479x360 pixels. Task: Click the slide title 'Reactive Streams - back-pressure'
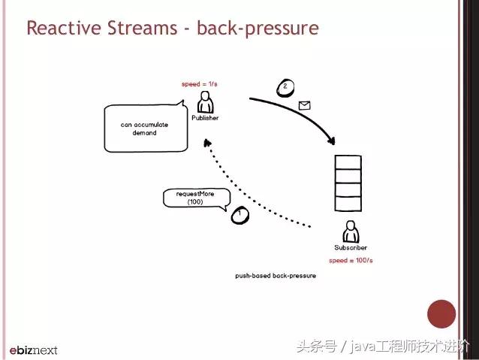tap(172, 29)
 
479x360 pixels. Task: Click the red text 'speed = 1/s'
tap(200, 84)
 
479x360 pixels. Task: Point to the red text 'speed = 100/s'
tap(351, 260)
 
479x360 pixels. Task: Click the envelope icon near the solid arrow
tap(304, 106)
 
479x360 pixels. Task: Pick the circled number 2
tap(285, 87)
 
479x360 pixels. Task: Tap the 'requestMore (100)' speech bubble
tap(194, 198)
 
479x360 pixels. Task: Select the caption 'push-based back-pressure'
tap(275, 276)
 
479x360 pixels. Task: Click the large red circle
tap(441, 313)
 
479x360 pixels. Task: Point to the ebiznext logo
tap(33, 349)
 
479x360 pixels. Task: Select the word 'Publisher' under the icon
tap(204, 118)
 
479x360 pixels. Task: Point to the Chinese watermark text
tap(383, 346)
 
